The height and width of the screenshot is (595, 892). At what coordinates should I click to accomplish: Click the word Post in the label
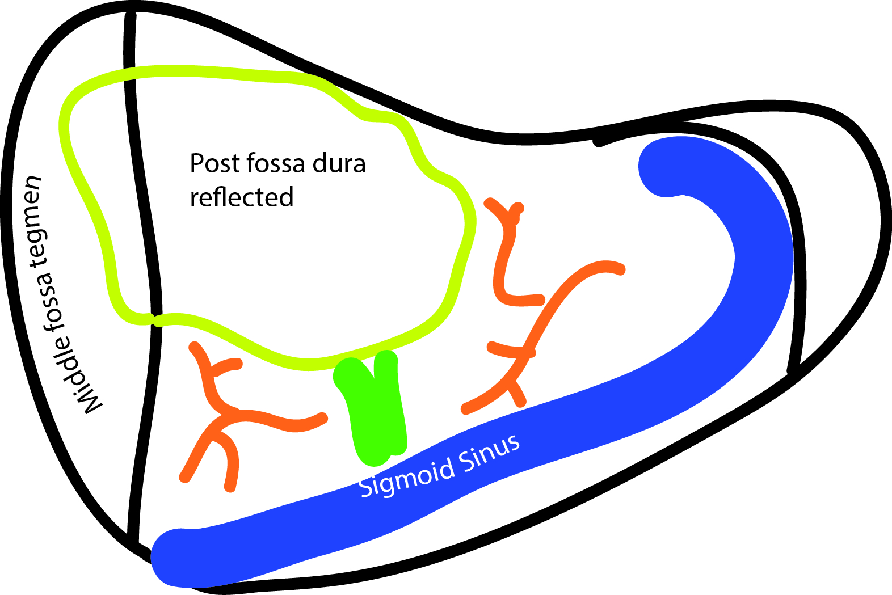[x=211, y=163]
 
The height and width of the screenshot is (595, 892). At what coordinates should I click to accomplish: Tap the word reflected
[x=242, y=197]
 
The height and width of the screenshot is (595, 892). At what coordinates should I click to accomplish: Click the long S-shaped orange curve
[x=545, y=329]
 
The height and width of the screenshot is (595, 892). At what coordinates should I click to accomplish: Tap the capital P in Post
[x=196, y=163]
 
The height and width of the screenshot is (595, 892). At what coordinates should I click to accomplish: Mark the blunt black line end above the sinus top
[x=598, y=142]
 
